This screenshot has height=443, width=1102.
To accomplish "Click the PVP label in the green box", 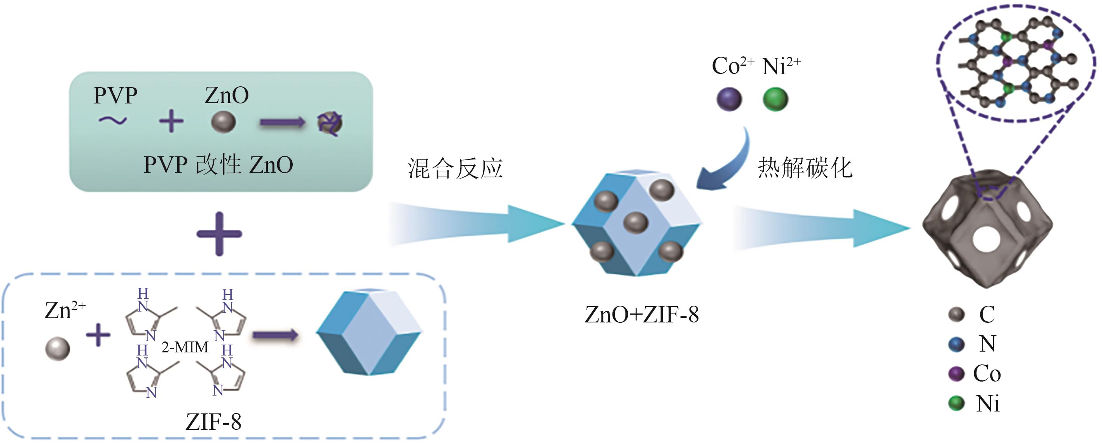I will point(115,95).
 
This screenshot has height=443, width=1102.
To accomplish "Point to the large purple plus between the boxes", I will point(219,234).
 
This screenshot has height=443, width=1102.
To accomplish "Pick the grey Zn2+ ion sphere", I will point(57,348).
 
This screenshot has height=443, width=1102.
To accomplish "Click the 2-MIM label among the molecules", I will point(185,347).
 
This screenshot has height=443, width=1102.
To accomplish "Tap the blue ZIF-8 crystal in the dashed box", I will point(369,332).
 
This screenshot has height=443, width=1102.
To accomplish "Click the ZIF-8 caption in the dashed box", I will point(213,422).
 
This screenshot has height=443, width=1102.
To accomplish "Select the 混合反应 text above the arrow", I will point(455,168).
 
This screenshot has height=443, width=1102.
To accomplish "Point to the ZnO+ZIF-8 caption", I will point(641,315).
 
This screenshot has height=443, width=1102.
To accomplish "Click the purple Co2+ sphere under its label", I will point(729,99).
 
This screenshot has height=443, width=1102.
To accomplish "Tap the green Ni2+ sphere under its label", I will point(775,99).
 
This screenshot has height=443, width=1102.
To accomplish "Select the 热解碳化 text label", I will point(805,167).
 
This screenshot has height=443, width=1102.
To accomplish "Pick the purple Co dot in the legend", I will point(956,374).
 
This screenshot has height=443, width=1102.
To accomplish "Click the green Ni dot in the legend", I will point(956,403).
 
